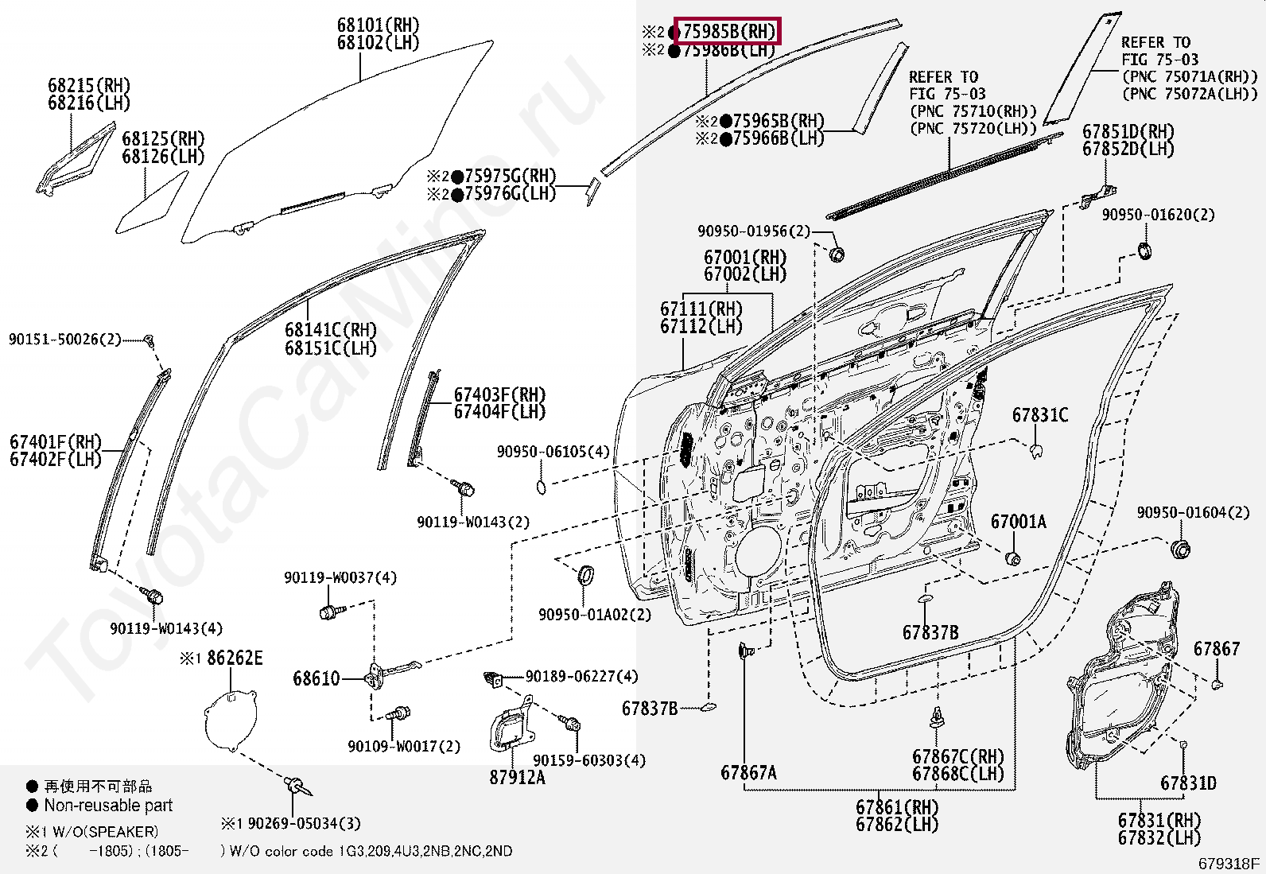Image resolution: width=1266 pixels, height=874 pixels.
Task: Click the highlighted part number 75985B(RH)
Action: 728,32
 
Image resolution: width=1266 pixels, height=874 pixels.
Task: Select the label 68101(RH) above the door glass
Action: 378,25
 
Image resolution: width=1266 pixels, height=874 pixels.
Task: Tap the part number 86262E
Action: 234,658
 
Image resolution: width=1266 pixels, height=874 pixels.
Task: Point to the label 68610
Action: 316,678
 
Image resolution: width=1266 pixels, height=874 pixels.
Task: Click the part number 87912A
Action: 517,778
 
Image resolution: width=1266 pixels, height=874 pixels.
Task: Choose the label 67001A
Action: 1018,522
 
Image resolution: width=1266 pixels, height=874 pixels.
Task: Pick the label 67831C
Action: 1040,415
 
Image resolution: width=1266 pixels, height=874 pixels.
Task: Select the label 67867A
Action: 748,772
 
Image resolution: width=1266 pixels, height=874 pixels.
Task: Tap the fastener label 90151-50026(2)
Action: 65,340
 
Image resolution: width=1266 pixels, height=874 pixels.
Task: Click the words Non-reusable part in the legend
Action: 108,805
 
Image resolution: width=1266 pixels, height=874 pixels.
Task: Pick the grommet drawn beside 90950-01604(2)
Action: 1180,549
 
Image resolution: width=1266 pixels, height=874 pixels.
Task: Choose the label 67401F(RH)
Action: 55,442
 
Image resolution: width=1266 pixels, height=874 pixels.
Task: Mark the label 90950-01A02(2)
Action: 594,615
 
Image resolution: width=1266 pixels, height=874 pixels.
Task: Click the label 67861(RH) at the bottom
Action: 897,807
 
